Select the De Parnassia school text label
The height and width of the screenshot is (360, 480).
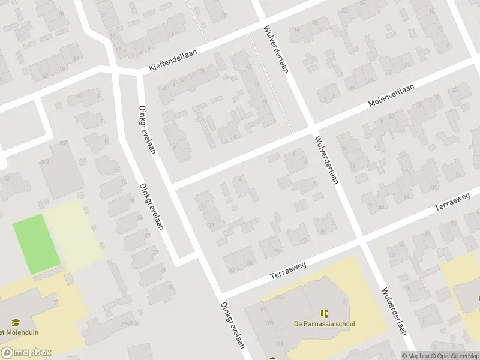click(x=324, y=324)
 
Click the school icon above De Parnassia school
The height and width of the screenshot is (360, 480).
click(x=324, y=313)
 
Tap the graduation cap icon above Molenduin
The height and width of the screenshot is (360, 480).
click(x=16, y=323)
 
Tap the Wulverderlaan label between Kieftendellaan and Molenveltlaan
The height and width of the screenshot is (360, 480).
click(x=276, y=49)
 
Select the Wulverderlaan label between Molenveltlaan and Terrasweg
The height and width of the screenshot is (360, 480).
click(x=325, y=159)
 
